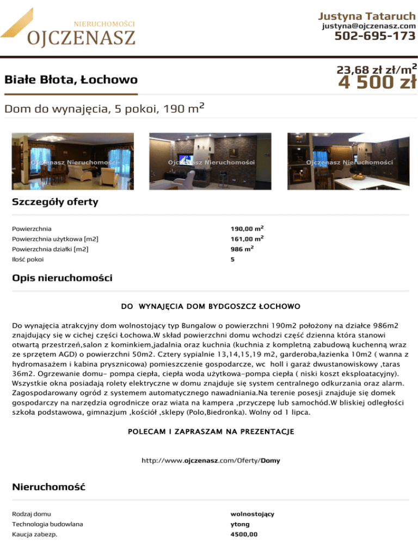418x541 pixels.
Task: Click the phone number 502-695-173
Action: [x=375, y=36]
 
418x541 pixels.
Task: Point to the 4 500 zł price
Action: [x=377, y=82]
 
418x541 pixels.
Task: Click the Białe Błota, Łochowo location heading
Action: [x=71, y=81]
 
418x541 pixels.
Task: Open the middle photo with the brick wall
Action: [x=209, y=161]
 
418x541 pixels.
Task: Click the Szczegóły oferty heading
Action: [x=55, y=202]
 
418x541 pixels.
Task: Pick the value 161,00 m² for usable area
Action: [x=248, y=238]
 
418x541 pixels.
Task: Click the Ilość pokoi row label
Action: [x=28, y=260]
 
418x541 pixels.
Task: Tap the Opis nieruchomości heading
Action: [x=62, y=279]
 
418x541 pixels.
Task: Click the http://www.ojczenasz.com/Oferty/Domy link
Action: [x=211, y=460]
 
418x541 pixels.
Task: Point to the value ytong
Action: [x=240, y=524]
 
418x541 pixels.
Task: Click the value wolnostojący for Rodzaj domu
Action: [x=252, y=514]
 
